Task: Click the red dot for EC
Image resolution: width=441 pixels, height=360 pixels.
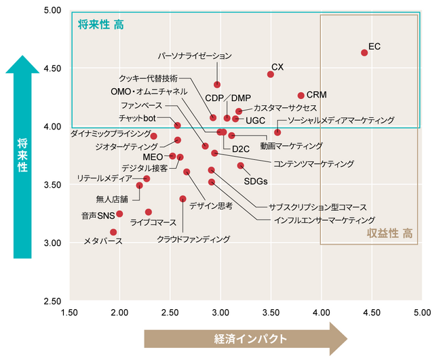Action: [x=364, y=52]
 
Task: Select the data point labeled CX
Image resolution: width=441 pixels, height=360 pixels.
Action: [x=271, y=75]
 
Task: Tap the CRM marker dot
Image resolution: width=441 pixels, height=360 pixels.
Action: [x=301, y=96]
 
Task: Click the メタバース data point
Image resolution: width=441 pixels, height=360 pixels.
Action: [x=113, y=232]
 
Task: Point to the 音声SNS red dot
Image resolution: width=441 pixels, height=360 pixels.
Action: [x=119, y=214]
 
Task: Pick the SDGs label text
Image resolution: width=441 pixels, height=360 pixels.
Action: [x=255, y=181]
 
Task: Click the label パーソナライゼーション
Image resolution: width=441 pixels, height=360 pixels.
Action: [x=195, y=56]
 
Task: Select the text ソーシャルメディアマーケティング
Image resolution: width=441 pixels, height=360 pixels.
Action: [x=341, y=120]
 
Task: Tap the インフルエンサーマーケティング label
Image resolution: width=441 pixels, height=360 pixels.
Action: [x=324, y=220]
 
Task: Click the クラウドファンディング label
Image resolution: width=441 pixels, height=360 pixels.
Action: [x=193, y=239]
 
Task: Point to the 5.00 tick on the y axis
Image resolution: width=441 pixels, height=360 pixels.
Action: [x=52, y=11]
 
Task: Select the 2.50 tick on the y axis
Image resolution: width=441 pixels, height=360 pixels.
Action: [x=52, y=300]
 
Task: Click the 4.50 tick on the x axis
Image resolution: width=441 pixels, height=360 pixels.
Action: [x=371, y=313]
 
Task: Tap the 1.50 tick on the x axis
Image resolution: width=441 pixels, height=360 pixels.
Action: [x=69, y=313]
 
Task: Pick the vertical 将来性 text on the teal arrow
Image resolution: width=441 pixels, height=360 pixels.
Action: [x=22, y=156]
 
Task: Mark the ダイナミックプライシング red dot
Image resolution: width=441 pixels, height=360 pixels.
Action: [x=154, y=136]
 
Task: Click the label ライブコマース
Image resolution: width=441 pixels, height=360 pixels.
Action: [x=153, y=222]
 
